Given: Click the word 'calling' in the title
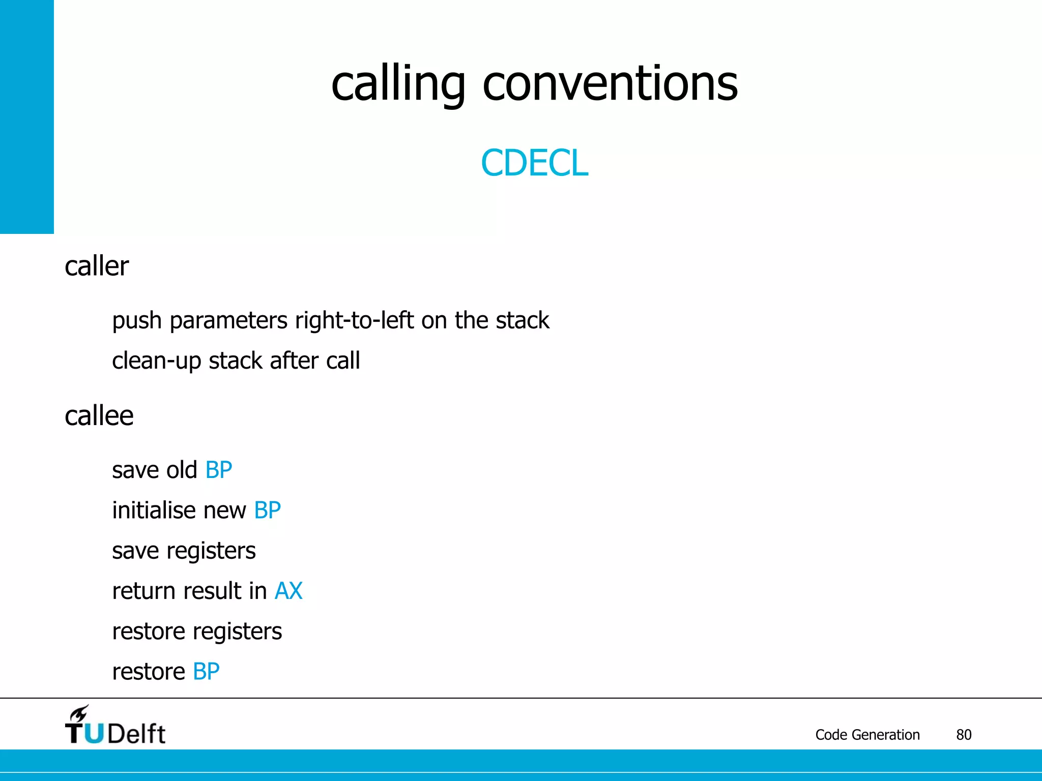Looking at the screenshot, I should (398, 84).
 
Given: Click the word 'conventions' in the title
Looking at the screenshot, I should (610, 84).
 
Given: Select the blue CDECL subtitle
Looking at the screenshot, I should (534, 163).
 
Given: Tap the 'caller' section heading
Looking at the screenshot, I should (97, 266).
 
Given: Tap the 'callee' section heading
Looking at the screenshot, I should (99, 416).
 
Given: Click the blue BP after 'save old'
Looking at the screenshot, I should (219, 470).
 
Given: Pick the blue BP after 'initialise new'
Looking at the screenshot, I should (268, 510).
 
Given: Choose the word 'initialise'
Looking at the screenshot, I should (154, 510).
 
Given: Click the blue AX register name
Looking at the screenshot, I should (288, 591).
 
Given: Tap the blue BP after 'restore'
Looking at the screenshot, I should (206, 672).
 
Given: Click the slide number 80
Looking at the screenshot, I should (964, 735).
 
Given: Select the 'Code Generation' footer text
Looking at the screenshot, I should (867, 735).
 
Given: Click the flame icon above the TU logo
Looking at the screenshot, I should (79, 713).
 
